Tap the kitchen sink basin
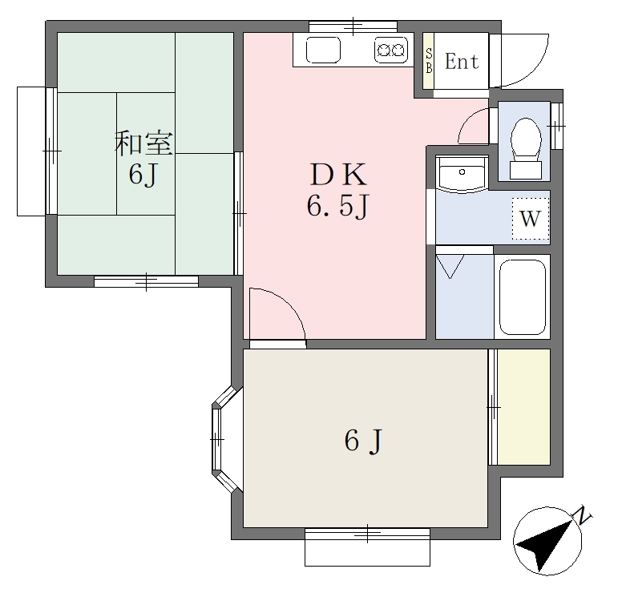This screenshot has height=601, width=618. click(x=323, y=50)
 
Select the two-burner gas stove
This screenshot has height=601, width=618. click(x=391, y=50)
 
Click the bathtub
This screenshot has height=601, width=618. click(x=523, y=296)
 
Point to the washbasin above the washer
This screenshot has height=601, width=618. click(x=462, y=174)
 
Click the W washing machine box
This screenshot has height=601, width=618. click(x=530, y=218)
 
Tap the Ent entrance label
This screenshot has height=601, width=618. click(x=462, y=62)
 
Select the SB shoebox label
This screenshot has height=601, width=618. click(x=429, y=61)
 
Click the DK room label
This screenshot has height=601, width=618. click(x=338, y=174)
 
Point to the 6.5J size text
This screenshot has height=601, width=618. click(x=337, y=206)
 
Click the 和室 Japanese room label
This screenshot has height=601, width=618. click(x=143, y=143)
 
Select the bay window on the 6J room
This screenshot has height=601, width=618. click(x=223, y=439)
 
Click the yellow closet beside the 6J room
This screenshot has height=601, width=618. click(x=523, y=407)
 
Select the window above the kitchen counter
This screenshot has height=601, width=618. click(x=353, y=26)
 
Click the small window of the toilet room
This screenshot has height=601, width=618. click(x=556, y=126)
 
